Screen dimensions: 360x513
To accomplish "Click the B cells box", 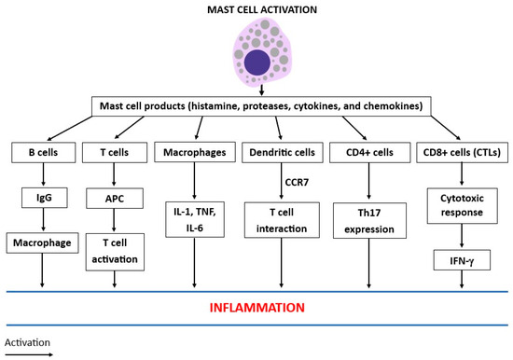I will click(42, 152).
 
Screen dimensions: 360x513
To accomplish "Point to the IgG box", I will click(42, 197).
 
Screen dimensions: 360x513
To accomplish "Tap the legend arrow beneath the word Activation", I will click(26, 353).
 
